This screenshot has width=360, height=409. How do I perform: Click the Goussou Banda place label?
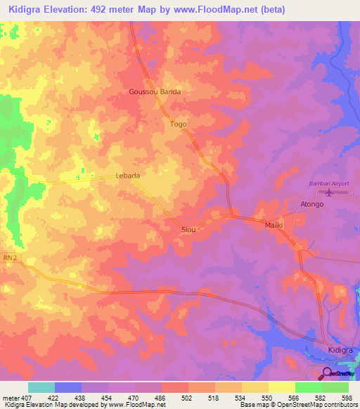155,92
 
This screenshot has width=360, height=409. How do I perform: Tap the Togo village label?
179,124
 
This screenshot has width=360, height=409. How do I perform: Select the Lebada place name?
127,176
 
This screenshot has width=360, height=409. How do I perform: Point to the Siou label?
188,230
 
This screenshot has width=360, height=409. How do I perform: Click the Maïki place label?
273,225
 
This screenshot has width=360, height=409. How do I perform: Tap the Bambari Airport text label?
328,183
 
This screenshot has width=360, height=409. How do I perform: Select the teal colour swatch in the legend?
41,387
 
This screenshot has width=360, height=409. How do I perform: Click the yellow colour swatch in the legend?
281,387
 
